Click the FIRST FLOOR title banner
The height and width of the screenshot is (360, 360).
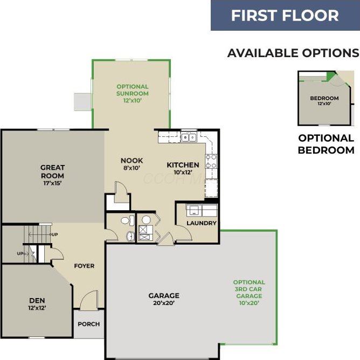click(x=285, y=15)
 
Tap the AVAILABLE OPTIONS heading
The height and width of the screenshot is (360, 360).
click(x=293, y=53)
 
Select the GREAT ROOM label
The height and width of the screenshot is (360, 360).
click(x=52, y=171)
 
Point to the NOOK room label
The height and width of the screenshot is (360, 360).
click(x=131, y=161)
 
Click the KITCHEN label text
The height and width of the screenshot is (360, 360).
click(x=183, y=165)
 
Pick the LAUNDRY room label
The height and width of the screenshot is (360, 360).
click(x=202, y=223)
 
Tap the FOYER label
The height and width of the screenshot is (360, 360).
click(x=85, y=266)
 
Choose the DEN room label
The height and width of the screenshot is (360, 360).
click(x=37, y=300)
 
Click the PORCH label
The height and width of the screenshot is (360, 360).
click(x=88, y=324)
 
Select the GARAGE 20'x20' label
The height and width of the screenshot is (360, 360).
click(x=164, y=295)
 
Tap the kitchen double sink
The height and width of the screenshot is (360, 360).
click(x=189, y=137)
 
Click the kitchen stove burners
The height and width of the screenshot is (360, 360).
click(x=211, y=161)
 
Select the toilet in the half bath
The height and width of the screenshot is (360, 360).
click(x=126, y=220)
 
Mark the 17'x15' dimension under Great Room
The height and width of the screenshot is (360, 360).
click(x=52, y=183)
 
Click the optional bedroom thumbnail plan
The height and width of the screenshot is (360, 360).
click(x=324, y=100)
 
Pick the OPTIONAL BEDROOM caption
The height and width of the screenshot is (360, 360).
click(x=326, y=144)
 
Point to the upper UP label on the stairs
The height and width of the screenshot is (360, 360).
click(x=54, y=234)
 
